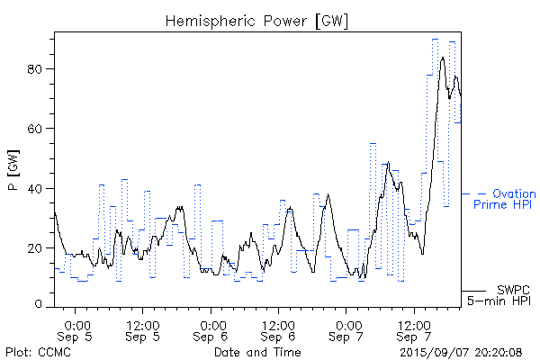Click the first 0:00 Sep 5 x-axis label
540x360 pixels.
[77, 328]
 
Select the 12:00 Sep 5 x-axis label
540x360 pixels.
[144, 328]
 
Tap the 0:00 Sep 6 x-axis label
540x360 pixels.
[212, 328]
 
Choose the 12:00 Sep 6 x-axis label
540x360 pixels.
[279, 328]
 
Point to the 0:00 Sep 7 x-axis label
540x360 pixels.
[347, 328]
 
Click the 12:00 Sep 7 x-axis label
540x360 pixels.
[414, 328]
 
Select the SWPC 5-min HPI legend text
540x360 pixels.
[497, 294]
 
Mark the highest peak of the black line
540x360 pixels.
[442, 57]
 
